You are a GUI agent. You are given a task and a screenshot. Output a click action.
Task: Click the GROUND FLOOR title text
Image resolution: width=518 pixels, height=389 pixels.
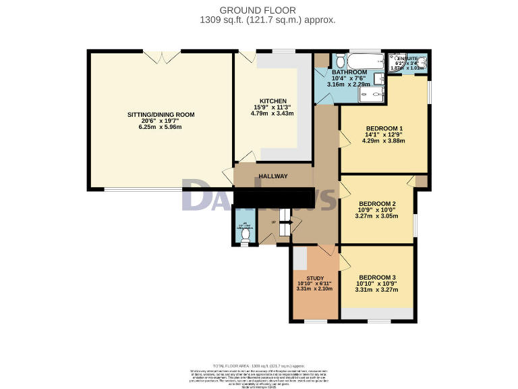point(258,9)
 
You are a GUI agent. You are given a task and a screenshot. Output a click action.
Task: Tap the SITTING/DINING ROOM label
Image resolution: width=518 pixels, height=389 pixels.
point(161,115)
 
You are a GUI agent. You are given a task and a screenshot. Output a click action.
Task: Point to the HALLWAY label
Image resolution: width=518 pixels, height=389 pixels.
point(273,176)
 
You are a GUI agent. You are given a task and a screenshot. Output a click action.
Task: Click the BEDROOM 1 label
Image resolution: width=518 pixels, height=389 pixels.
point(384,128)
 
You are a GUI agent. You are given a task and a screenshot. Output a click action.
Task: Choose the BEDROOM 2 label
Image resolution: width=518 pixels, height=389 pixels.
point(377,204)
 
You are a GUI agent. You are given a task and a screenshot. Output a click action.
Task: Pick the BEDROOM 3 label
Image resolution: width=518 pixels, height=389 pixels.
point(377,278)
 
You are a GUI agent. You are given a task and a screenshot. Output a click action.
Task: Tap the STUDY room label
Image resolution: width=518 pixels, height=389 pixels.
point(315,278)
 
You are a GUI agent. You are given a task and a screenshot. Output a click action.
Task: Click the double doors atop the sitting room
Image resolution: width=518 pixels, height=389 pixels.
point(162,57)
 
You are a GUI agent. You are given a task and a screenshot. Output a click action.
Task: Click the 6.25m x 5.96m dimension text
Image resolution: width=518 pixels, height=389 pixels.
point(161,127)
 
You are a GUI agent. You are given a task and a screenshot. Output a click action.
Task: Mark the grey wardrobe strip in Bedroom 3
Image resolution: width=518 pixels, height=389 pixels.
point(377,313)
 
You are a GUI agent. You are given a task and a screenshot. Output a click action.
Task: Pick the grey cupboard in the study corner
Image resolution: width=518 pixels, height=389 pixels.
point(299,259)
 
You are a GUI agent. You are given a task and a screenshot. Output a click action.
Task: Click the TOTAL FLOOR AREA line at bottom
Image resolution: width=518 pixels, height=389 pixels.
point(259,364)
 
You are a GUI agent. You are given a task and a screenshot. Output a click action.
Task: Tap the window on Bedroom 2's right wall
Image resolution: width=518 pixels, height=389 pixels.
point(415,226)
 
